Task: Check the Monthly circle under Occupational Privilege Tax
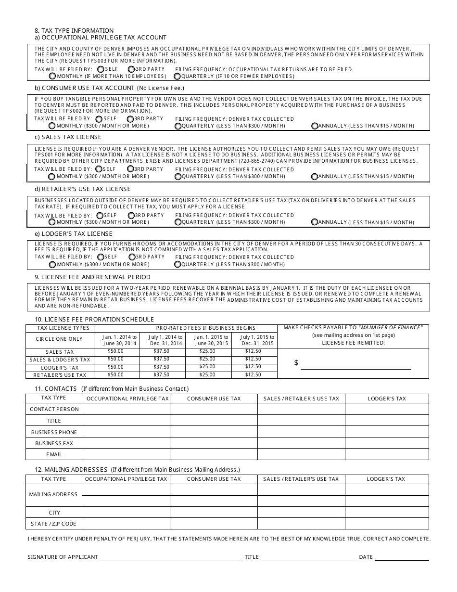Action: (52, 76)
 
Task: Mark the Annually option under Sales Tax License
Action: (315, 177)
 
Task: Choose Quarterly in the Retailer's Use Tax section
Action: (178, 222)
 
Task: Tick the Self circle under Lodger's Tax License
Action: (100, 257)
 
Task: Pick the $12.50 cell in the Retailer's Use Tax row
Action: (253, 374)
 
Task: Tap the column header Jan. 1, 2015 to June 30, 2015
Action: (208, 340)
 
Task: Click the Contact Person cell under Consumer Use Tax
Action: (214, 409)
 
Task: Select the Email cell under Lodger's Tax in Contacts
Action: (387, 454)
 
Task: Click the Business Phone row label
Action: (54, 432)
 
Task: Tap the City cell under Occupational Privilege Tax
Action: (126, 513)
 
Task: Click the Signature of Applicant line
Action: (171, 557)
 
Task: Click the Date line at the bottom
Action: (402, 557)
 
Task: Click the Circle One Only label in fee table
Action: (59, 339)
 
